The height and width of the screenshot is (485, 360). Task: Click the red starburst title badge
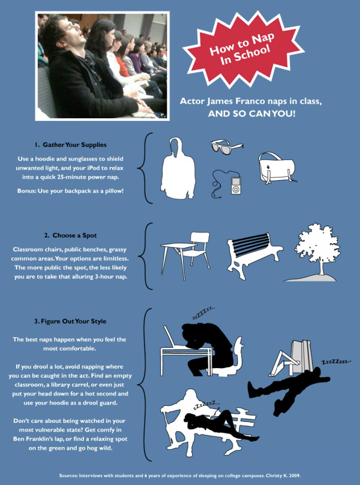click(x=243, y=50)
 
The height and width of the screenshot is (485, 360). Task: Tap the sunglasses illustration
click(x=227, y=146)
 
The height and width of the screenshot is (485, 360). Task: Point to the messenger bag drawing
click(x=278, y=168)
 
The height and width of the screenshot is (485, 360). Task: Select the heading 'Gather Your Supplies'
click(x=70, y=145)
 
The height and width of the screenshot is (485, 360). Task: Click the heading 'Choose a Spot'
click(x=70, y=236)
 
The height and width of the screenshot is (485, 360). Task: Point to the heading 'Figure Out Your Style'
click(x=70, y=321)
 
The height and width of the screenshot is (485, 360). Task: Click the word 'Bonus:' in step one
click(x=27, y=191)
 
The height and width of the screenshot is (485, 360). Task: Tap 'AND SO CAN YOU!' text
click(x=252, y=114)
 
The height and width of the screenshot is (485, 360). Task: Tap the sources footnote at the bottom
click(x=180, y=475)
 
